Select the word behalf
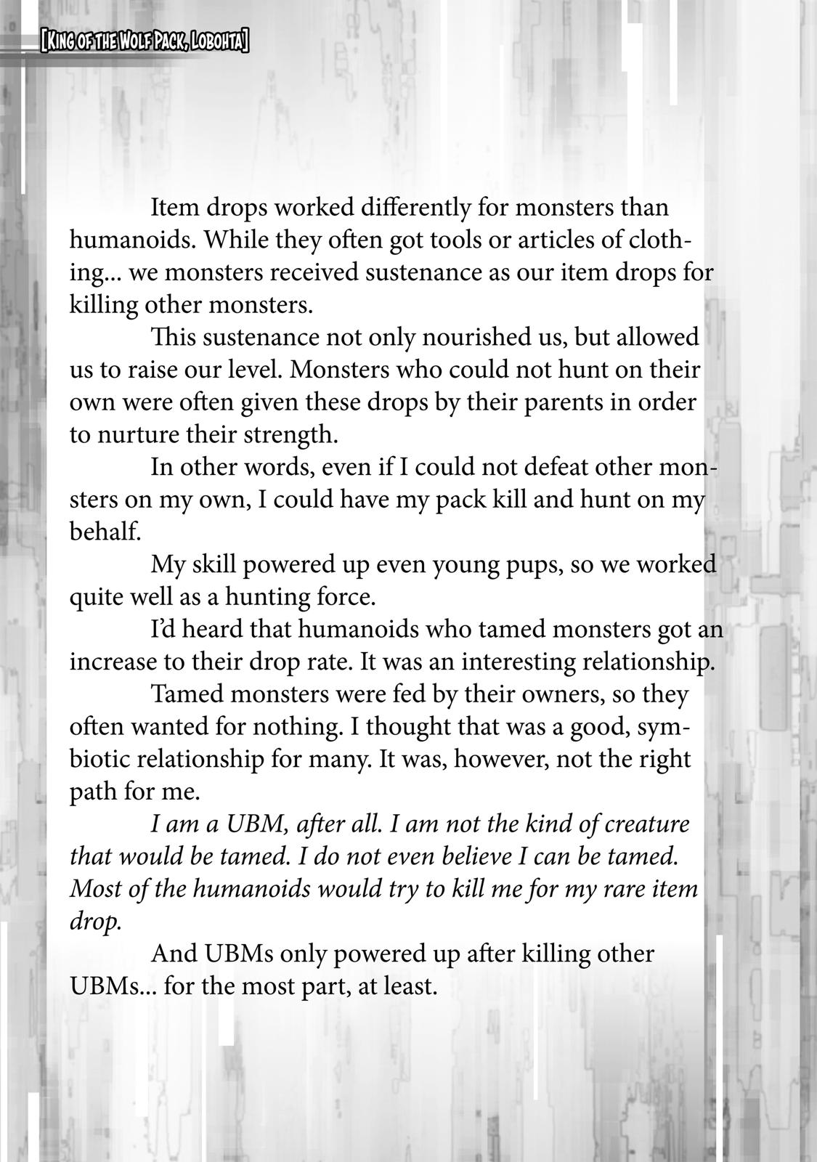point(104,532)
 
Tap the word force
point(346,597)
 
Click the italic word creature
point(646,824)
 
